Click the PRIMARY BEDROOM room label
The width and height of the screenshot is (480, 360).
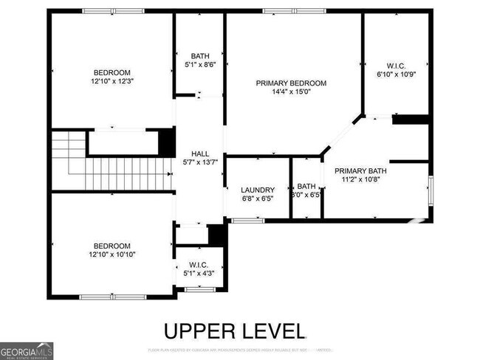[292, 83]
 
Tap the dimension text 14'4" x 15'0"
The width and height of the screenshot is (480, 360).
[292, 92]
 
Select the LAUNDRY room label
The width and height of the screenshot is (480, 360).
[258, 190]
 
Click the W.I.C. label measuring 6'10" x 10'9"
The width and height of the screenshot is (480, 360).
[395, 65]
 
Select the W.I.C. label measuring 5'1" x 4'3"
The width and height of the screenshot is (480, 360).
[198, 265]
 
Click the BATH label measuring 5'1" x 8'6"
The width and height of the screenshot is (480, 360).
[199, 56]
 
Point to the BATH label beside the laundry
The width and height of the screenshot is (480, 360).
[306, 186]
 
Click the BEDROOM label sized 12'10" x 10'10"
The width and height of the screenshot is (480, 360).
[111, 246]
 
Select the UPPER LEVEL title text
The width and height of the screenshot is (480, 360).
[233, 330]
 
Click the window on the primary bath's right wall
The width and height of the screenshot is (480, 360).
[431, 188]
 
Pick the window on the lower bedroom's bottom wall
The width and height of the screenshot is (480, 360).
[112, 297]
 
